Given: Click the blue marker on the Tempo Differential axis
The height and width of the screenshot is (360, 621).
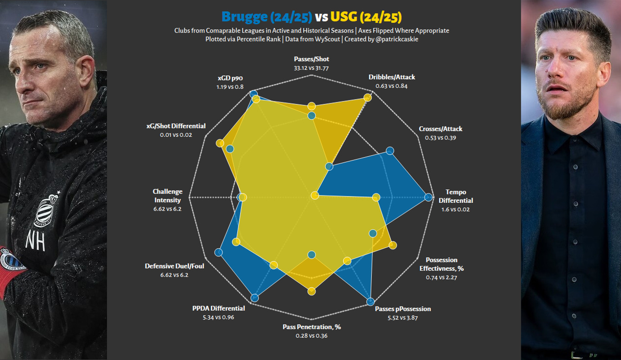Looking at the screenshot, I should point(428,198).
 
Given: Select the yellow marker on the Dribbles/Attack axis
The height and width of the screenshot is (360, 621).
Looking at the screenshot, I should point(368,97).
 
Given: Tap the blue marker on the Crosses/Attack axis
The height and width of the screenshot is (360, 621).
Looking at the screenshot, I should point(390,151).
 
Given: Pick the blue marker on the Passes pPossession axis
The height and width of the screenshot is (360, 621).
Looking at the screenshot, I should point(370,301).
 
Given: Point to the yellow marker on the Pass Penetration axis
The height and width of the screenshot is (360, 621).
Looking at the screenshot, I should point(312,291).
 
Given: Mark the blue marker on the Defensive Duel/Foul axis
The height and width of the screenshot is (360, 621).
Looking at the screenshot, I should point(219,253).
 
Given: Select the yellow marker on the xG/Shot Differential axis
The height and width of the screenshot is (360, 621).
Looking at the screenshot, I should point(220,143).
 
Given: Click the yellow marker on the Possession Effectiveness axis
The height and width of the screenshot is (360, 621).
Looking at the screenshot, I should point(393,245).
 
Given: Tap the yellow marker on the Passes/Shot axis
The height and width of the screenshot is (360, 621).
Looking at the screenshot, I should point(312,106).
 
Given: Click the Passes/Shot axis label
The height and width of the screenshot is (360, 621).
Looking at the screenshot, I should point(312,59).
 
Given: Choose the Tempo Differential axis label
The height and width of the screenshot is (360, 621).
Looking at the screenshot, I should point(456,196).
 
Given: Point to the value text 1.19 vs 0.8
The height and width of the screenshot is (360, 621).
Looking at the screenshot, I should point(230,87).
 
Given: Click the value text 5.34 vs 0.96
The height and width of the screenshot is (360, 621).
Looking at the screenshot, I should point(218,317).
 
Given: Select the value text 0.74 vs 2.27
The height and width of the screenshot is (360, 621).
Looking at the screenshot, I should point(441,277).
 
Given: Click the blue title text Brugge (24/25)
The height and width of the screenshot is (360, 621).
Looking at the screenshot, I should point(267,17).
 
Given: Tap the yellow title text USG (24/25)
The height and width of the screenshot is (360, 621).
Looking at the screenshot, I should point(366,17).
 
